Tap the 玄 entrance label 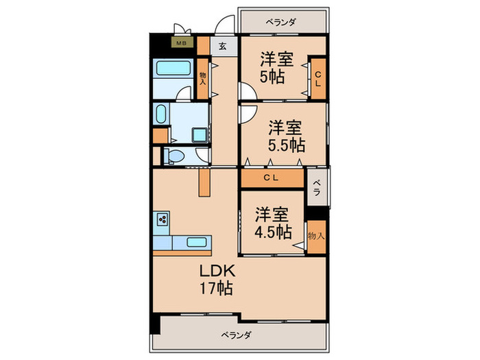(224, 47)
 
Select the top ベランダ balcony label (283, 22)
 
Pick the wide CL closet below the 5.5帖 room (272, 178)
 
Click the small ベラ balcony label (317, 188)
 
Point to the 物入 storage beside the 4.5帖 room (316, 235)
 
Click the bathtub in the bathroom (173, 69)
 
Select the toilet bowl (173, 156)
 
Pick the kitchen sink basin (194, 242)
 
